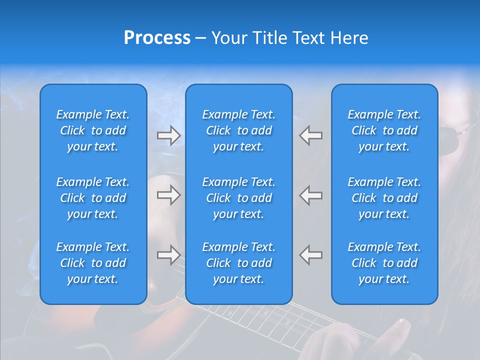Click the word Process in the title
[157, 38]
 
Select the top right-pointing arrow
[168, 135]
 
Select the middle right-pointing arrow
[168, 195]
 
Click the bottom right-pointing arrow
[168, 255]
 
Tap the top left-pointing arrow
[311, 135]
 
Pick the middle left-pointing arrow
[311, 195]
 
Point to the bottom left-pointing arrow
[311, 255]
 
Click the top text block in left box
[93, 130]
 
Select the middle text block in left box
[93, 198]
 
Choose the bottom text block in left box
[93, 263]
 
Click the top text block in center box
[239, 130]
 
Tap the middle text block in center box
[239, 198]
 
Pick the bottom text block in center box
[239, 263]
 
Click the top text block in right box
[384, 130]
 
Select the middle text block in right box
[384, 198]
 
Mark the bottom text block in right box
[384, 263]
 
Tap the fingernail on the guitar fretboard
[400, 328]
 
